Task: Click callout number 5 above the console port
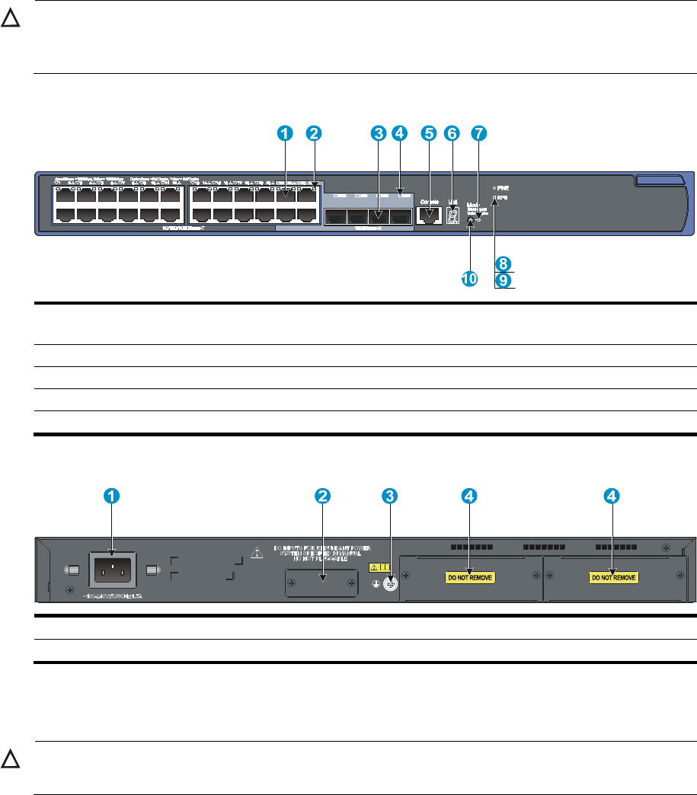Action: pyautogui.click(x=429, y=133)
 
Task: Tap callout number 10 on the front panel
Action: pyautogui.click(x=469, y=279)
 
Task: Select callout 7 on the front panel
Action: pyautogui.click(x=478, y=133)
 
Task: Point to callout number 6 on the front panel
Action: pyautogui.click(x=452, y=133)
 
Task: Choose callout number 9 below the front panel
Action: pyautogui.click(x=503, y=281)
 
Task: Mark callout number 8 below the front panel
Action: pyautogui.click(x=503, y=263)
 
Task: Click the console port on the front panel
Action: pyautogui.click(x=430, y=216)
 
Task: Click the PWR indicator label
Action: pyautogui.click(x=504, y=187)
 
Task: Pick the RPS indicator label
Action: pyautogui.click(x=504, y=196)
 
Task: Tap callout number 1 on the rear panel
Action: pyautogui.click(x=111, y=496)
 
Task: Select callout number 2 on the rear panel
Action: pyautogui.click(x=323, y=496)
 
